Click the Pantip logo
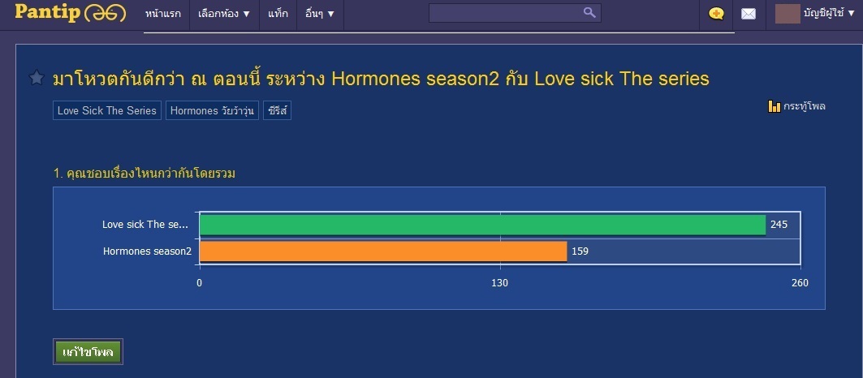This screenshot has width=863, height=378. click(x=71, y=13)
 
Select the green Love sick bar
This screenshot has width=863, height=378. click(x=482, y=225)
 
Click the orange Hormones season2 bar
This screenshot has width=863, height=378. click(x=383, y=251)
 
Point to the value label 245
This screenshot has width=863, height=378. click(x=779, y=225)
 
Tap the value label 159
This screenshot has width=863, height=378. click(x=580, y=251)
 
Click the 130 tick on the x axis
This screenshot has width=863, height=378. click(x=500, y=283)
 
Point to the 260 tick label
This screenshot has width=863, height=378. click(x=800, y=283)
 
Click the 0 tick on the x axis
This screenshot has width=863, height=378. click(x=199, y=283)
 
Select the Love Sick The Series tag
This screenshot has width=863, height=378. click(x=107, y=110)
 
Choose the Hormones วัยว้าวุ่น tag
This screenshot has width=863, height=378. click(x=212, y=110)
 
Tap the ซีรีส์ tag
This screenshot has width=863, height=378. click(x=278, y=110)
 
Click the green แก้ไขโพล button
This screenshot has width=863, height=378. click(x=88, y=351)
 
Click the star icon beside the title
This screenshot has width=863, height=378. click(x=37, y=78)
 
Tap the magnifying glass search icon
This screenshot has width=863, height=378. click(x=589, y=13)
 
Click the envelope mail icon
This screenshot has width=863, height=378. click(x=749, y=15)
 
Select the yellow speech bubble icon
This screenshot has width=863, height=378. click(x=716, y=14)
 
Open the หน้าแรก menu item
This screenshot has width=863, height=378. click(x=163, y=14)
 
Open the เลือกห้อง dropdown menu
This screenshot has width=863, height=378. click(x=224, y=14)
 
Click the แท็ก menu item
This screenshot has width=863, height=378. click(x=278, y=14)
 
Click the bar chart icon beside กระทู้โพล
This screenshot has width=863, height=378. click(x=774, y=106)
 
